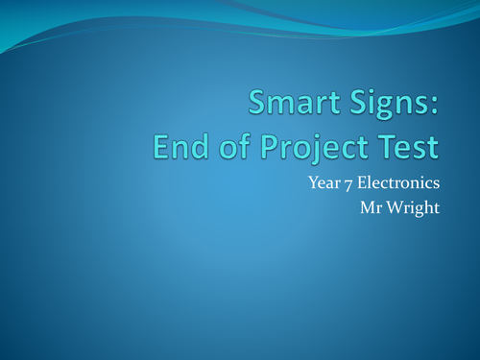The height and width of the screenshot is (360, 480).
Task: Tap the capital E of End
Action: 160,146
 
